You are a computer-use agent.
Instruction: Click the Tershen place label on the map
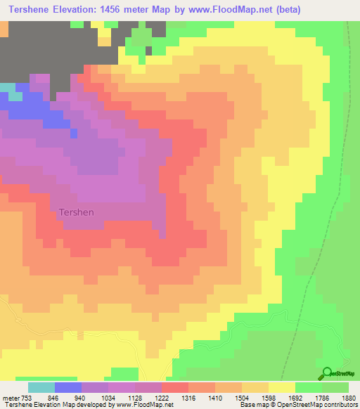[76, 211]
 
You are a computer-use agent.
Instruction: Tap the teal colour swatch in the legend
[41, 387]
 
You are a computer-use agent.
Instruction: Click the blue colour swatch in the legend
[68, 387]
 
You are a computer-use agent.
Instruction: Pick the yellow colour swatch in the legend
[282, 387]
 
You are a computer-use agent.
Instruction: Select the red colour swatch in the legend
[175, 387]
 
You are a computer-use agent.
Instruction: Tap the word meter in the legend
[10, 397]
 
